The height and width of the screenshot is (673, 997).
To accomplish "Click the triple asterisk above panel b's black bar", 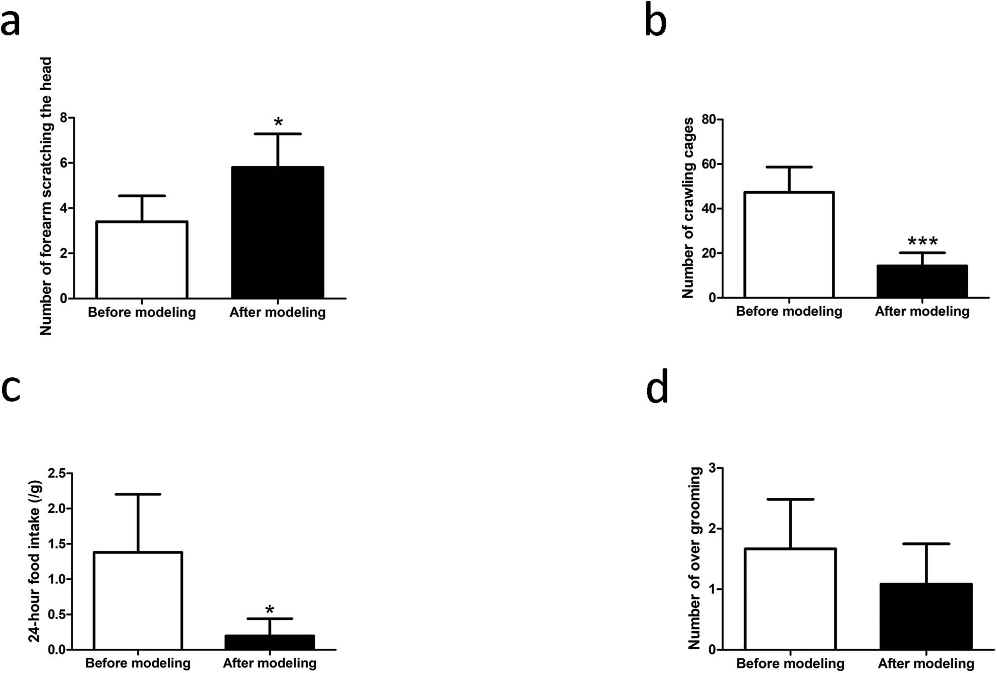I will pos(922,242).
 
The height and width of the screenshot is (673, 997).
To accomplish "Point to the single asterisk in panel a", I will pos(278,123).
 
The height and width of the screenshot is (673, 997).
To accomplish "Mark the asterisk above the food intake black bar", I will pos(270,610).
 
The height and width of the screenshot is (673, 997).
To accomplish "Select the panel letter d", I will pos(657,387).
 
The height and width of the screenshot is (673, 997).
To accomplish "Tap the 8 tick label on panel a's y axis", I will pos(64,118).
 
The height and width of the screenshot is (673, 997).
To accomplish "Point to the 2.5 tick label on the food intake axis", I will pos(57,473).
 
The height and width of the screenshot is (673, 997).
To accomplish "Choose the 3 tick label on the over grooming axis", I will pos(712,468).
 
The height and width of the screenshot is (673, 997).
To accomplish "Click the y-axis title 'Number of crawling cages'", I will pos(688,207).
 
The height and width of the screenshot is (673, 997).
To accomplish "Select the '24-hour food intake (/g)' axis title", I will pos(34,560).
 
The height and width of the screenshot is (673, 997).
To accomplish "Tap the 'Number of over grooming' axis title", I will pos(695,558).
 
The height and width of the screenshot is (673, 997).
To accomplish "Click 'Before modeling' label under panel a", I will pos(142,312).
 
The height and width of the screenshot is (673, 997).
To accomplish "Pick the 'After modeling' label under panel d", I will pos(926,663).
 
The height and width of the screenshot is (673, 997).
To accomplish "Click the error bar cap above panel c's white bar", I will pos(138,494).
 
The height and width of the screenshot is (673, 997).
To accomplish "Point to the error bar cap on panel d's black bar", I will pos(926,544).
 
